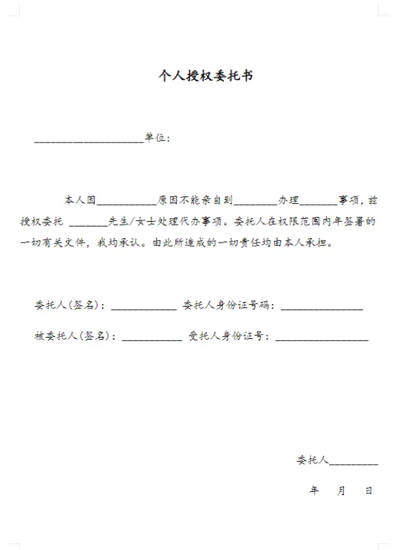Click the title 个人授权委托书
pyautogui.click(x=205, y=76)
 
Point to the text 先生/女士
pyautogui.click(x=127, y=221)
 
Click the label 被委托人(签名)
pyautogui.click(x=72, y=336)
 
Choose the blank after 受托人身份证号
pyautogui.click(x=322, y=339)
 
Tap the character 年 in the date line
pyautogui.click(x=314, y=491)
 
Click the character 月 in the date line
pyautogui.click(x=341, y=491)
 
